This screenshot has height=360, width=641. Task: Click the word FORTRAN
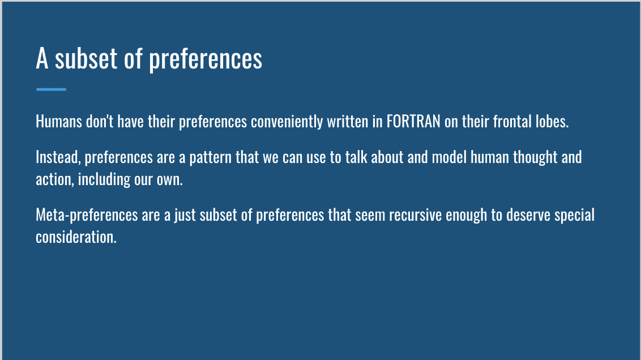click(413, 121)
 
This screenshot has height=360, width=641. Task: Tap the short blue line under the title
click(51, 89)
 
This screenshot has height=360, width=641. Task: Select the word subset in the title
click(86, 58)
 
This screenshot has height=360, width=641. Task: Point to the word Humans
click(59, 121)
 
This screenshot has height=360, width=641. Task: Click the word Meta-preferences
click(87, 215)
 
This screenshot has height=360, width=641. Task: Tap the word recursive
click(415, 215)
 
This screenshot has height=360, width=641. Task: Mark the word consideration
click(76, 237)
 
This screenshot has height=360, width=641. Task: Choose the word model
click(449, 157)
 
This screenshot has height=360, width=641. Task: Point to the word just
click(185, 216)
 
